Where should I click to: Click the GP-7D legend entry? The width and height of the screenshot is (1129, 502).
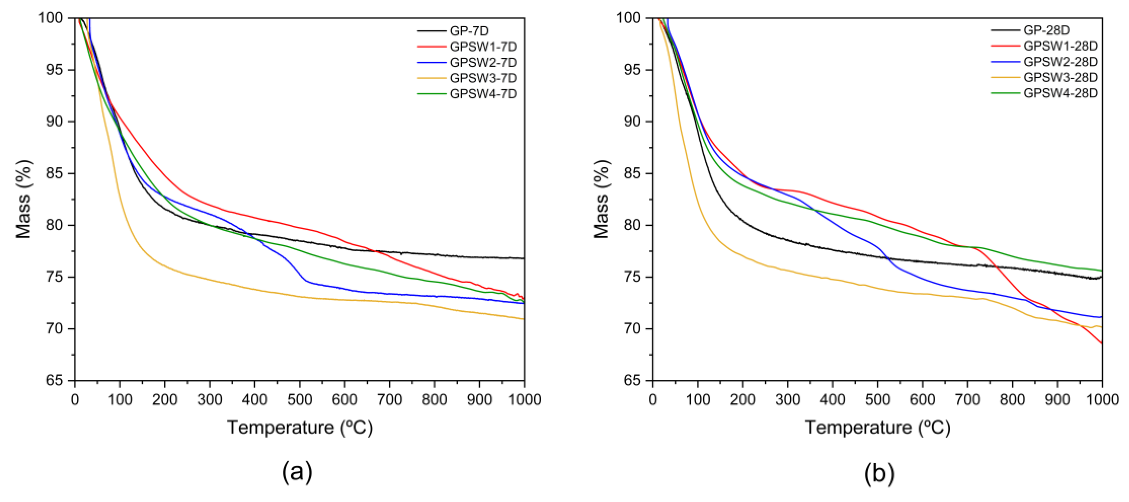[x=469, y=31]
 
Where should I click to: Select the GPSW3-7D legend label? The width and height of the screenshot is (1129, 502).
[x=483, y=78]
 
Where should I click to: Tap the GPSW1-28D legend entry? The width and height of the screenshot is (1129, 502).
[x=1060, y=46]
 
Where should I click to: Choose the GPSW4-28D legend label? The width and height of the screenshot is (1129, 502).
[x=1060, y=93]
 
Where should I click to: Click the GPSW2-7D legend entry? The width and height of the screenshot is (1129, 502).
[x=483, y=62]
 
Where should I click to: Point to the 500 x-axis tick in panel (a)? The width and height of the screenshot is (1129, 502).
[x=299, y=399]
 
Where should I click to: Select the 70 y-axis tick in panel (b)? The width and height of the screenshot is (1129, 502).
[x=632, y=329]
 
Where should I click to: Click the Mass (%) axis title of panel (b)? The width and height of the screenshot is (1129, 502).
[x=601, y=199]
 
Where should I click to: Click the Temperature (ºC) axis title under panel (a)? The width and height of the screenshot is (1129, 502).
[x=300, y=427]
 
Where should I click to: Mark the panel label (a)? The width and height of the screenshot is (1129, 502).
[x=297, y=473]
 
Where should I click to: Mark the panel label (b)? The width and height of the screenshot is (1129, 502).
[x=879, y=473]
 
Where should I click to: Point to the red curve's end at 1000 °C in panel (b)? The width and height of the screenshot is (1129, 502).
[x=1101, y=343]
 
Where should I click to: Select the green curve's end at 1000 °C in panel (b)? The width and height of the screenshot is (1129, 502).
[x=1101, y=271]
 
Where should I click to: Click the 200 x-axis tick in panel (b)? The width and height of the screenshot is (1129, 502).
[x=742, y=399]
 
